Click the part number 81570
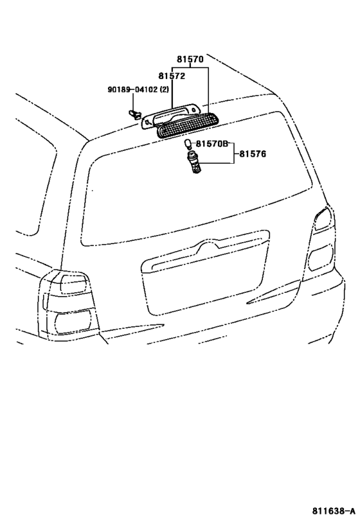[190, 59]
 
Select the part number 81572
[172, 76]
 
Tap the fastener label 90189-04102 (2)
[138, 89]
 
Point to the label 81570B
[212, 144]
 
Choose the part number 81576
[253, 154]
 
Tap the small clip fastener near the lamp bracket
[134, 115]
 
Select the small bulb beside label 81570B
[188, 145]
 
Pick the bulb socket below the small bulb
[193, 162]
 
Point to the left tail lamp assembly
[69, 304]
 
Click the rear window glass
[199, 179]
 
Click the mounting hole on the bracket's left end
[147, 123]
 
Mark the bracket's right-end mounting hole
[194, 109]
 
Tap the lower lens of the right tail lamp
[321, 258]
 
